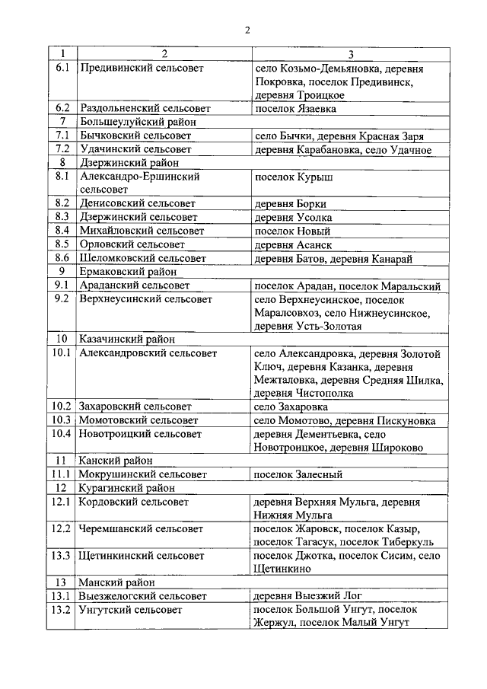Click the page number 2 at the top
[247, 30]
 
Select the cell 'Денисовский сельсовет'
[138, 204]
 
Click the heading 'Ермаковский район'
[128, 272]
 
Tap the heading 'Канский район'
[116, 461]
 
